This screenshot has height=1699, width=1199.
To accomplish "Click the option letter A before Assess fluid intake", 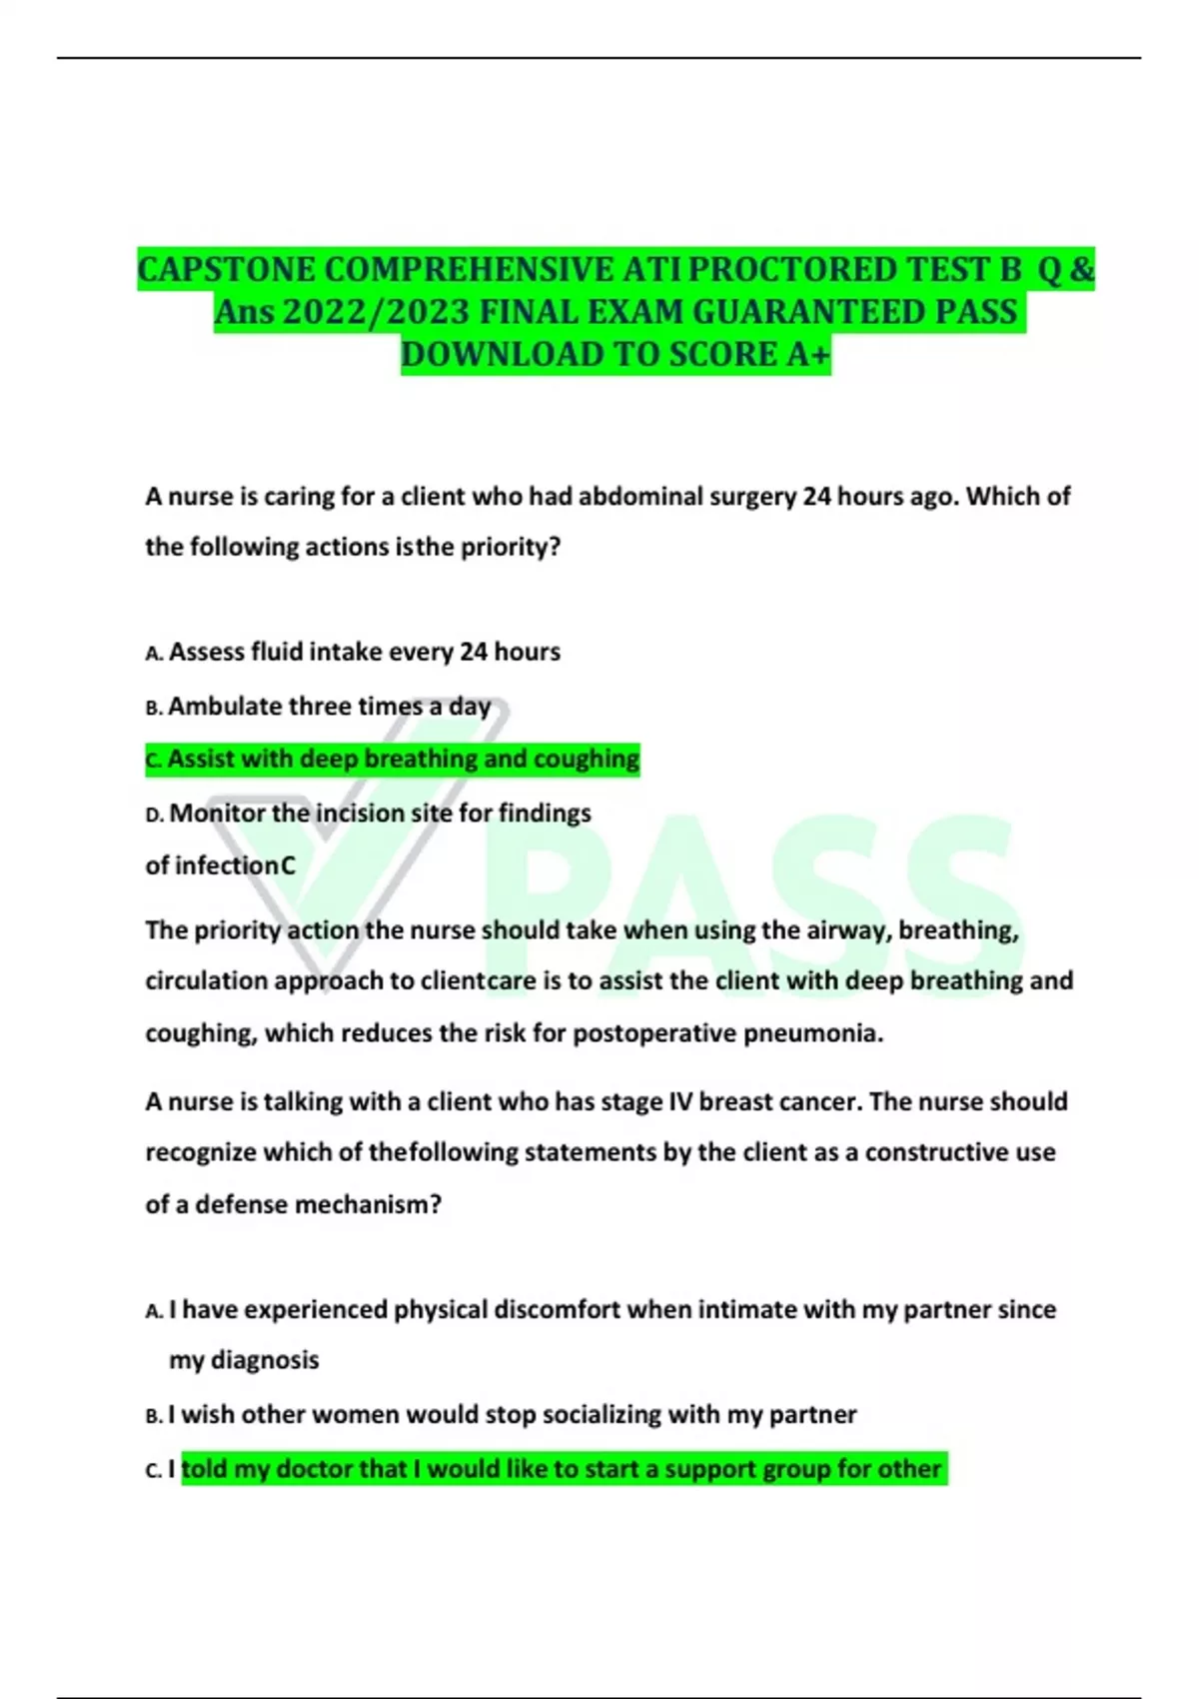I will tap(153, 654).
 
